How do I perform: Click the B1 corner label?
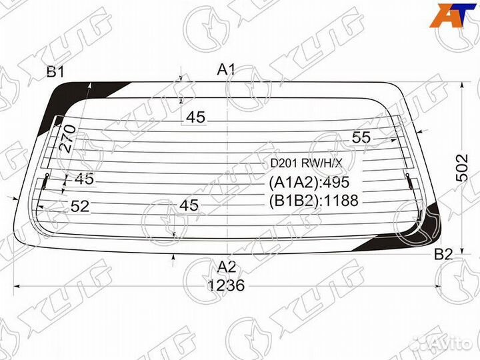coord(55,72)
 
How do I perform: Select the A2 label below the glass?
coord(227,267)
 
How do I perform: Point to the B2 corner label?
coord(444,254)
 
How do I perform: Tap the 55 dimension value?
coord(361,137)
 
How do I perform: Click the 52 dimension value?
coord(79,207)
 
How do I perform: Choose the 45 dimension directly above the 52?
coord(84,179)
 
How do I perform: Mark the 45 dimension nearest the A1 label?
coord(195,117)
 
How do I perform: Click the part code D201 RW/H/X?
coord(306,163)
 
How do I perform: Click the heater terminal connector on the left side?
coord(45,180)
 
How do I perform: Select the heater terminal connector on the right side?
coord(408,180)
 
